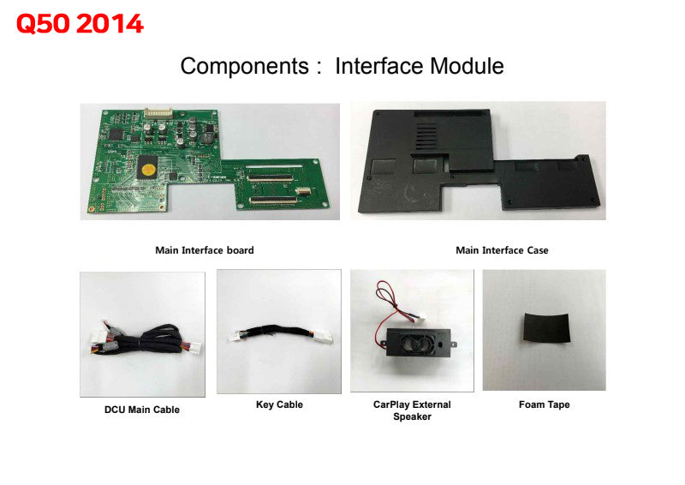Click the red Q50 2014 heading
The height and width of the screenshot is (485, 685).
click(x=80, y=24)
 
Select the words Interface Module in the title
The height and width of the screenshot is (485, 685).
click(x=420, y=66)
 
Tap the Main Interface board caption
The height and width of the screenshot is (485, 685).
click(x=204, y=250)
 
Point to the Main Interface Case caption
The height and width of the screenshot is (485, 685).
click(x=502, y=250)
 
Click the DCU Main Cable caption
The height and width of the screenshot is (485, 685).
click(x=142, y=410)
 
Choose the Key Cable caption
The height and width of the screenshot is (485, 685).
click(x=279, y=404)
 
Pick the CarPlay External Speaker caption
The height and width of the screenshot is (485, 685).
click(x=412, y=410)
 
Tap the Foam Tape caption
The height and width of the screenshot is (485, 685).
click(x=544, y=404)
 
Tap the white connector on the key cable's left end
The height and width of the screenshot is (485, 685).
click(x=235, y=338)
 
